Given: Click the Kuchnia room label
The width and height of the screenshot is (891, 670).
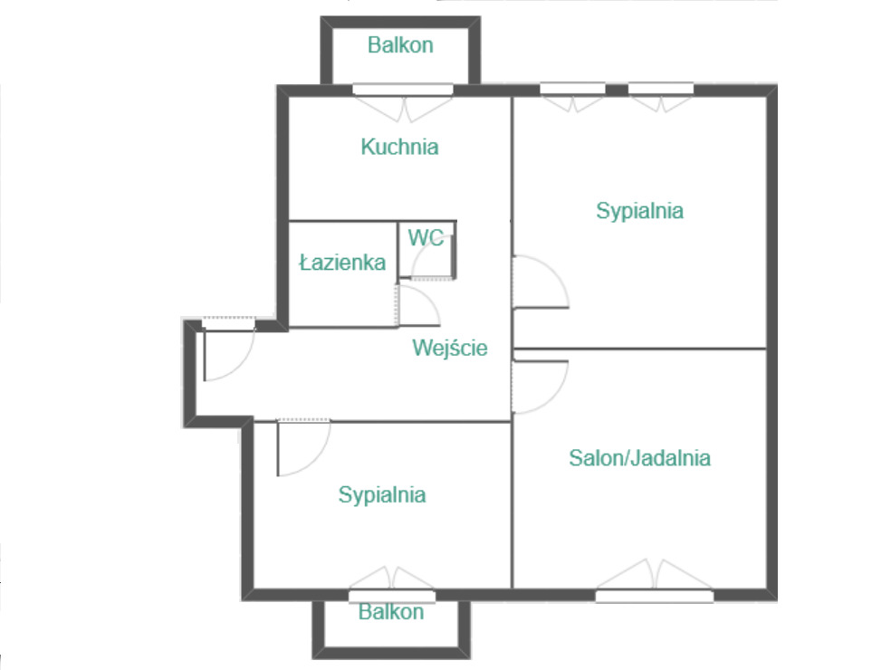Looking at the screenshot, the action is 399,147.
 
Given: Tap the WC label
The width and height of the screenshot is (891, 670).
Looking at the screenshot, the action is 426,237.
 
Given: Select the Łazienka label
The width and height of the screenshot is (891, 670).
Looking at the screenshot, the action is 342,262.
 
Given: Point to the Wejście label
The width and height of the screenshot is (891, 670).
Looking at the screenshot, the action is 449,347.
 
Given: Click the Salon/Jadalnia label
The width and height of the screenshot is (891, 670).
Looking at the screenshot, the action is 639,458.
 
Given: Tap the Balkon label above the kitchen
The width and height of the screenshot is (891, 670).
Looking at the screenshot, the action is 400,45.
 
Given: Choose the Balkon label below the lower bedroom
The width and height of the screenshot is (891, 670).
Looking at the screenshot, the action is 391,612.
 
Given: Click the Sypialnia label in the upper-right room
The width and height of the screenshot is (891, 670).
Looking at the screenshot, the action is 639,211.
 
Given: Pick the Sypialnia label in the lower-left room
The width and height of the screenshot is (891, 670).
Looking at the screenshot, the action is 382,495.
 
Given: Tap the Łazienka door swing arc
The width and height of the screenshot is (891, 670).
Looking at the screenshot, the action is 427,297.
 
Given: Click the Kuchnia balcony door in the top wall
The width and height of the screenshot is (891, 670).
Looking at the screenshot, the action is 403,90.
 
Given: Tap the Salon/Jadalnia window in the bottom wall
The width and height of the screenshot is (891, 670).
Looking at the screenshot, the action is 655,596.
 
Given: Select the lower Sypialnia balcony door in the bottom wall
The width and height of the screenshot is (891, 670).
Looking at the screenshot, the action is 392,596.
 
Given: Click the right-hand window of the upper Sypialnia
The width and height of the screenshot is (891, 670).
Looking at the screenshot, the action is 661,89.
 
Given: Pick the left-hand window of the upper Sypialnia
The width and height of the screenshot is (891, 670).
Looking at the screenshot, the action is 572,89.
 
